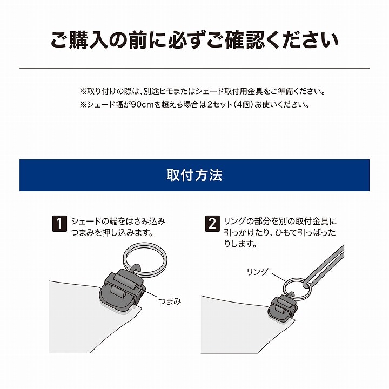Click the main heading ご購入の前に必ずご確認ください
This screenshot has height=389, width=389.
[194, 39]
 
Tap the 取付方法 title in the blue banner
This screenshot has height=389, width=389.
[194, 175]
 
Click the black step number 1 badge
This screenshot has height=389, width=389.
[59, 224]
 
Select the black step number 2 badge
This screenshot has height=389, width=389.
[212, 224]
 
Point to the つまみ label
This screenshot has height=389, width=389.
[170, 301]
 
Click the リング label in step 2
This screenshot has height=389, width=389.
[258, 272]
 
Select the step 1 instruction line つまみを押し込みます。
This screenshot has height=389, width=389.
[112, 233]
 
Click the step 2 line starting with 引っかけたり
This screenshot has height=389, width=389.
[280, 233]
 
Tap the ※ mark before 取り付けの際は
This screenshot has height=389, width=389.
[83, 91]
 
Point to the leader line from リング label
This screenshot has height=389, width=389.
[279, 278]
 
